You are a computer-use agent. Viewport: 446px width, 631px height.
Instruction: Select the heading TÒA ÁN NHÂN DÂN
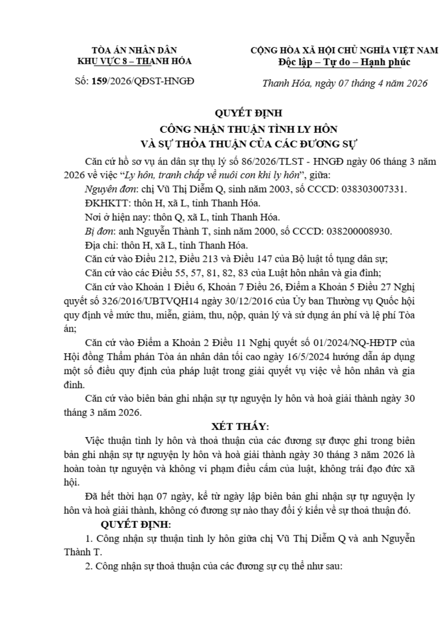pyautogui.click(x=134, y=50)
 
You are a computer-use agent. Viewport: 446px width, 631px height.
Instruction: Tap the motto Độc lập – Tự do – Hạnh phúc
pyautogui.click(x=344, y=62)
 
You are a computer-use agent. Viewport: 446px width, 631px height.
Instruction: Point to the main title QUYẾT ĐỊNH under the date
pyautogui.click(x=248, y=113)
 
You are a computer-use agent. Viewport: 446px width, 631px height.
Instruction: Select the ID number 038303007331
pyautogui.click(x=373, y=189)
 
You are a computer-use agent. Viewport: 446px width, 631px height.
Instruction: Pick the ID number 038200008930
pyautogui.click(x=359, y=231)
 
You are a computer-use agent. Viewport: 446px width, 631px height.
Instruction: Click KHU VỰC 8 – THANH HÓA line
pyautogui.click(x=134, y=61)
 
